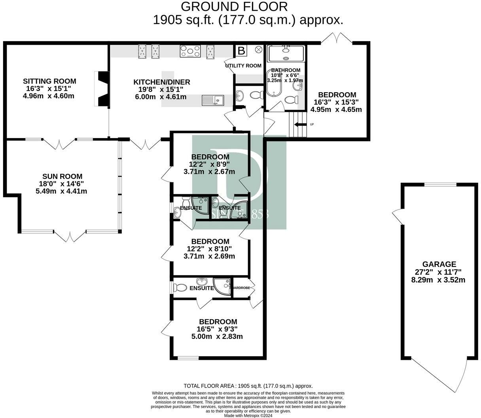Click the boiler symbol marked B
[241, 51]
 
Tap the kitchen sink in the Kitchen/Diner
[213, 99]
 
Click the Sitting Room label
[49, 81]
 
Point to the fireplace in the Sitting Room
[102, 89]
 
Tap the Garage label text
[439, 264]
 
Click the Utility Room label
[243, 65]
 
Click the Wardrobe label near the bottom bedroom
[241, 288]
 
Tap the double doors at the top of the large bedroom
[337, 38]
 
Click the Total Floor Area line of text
[248, 386]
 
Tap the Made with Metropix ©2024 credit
[248, 415]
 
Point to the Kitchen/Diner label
[162, 82]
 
